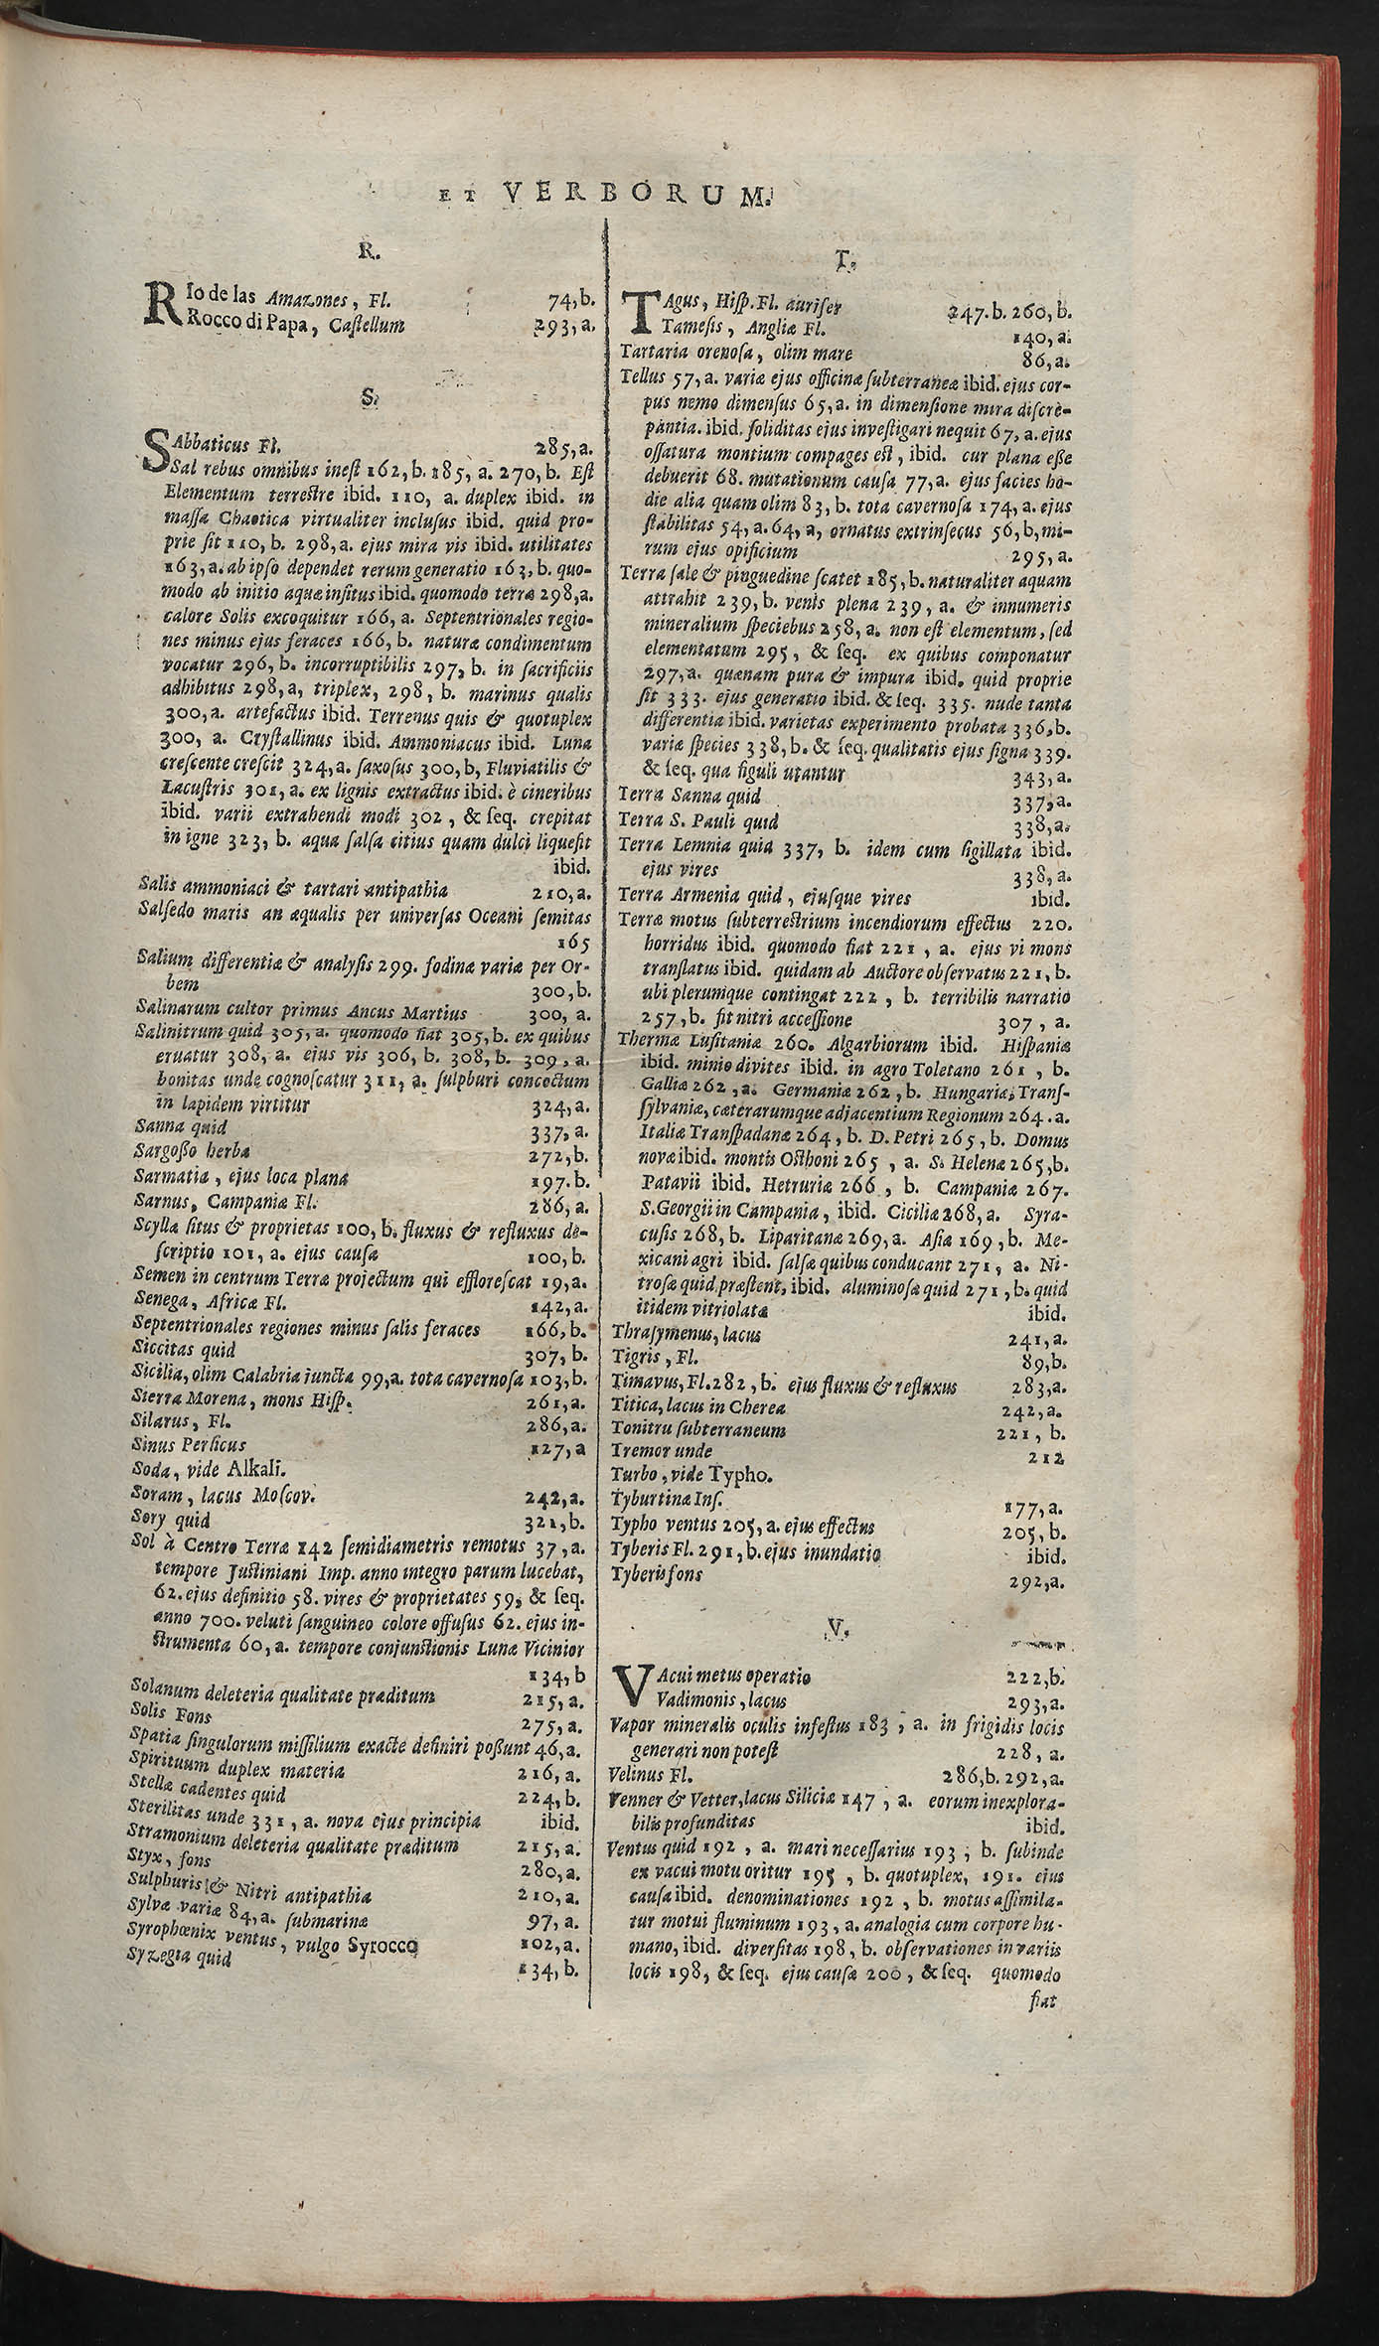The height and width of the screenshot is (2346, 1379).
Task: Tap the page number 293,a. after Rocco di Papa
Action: point(562,324)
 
